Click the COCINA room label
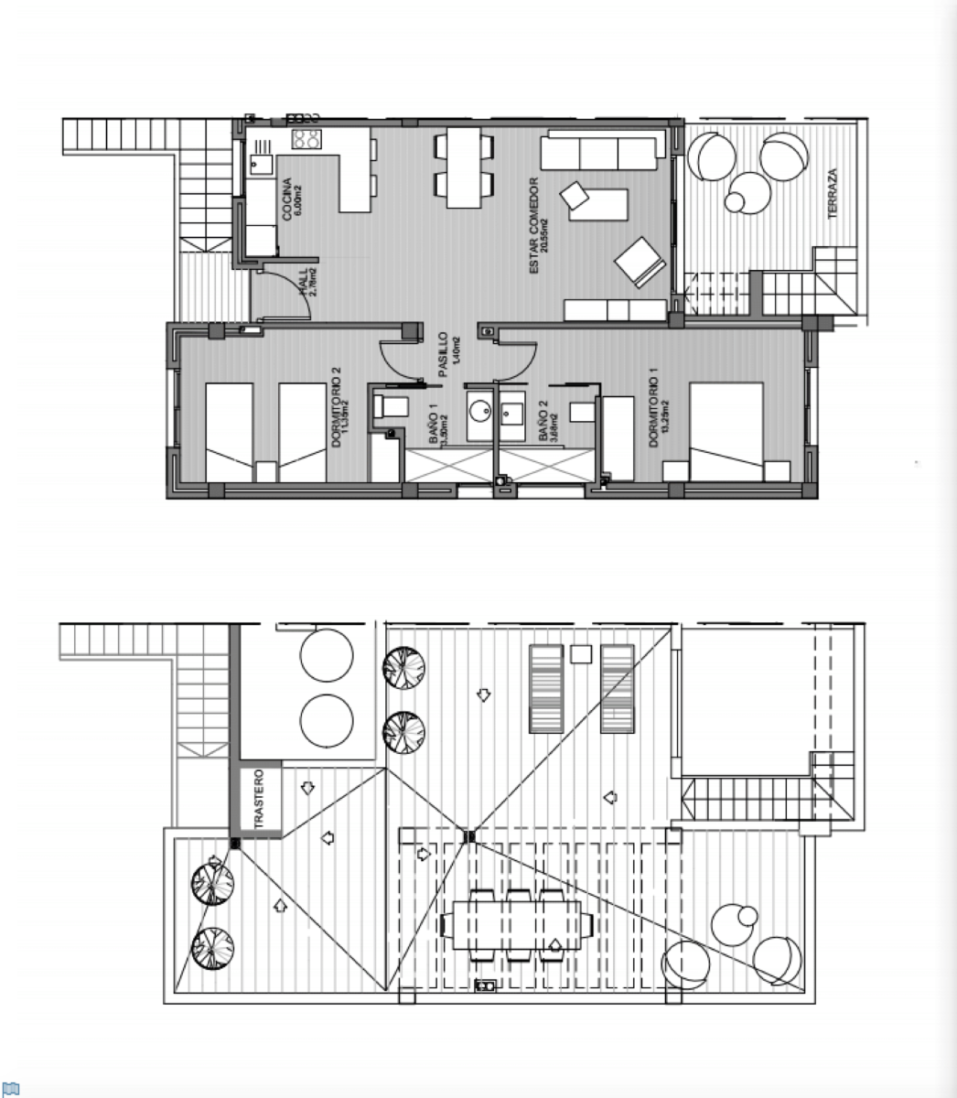coord(286,199)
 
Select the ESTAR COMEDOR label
coord(534,226)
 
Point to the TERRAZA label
coord(832,193)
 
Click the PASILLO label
coord(442,354)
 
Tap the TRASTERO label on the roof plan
coord(259,800)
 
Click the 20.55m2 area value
coord(544,235)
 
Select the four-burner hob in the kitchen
coord(306,139)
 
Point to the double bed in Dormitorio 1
coord(726,431)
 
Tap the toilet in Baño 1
coord(391,408)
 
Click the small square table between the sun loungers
coord(580,653)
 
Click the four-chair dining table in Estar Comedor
coord(464,167)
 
